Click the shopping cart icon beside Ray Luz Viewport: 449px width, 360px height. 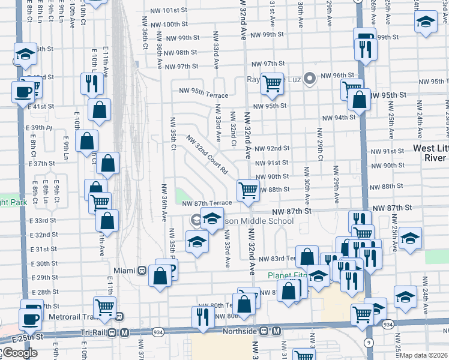pyautogui.click(x=272, y=83)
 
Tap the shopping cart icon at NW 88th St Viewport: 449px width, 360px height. pyautogui.click(x=248, y=191)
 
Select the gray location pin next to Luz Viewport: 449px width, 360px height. pyautogui.click(x=310, y=78)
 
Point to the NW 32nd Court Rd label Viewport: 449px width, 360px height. pyautogui.click(x=208, y=154)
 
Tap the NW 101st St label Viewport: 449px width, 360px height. pyautogui.click(x=175, y=11)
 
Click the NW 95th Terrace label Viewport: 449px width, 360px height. pyautogui.click(x=203, y=95)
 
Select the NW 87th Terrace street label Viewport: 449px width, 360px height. pyautogui.click(x=207, y=203)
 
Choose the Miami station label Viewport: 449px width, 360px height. pyautogui.click(x=121, y=270)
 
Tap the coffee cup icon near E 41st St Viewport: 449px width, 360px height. pyautogui.click(x=23, y=92)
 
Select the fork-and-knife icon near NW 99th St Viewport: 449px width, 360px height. pyautogui.click(x=364, y=50)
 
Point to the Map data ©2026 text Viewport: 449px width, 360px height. pyautogui.click(x=424, y=355)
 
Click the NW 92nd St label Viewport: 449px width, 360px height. pyautogui.click(x=272, y=148)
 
